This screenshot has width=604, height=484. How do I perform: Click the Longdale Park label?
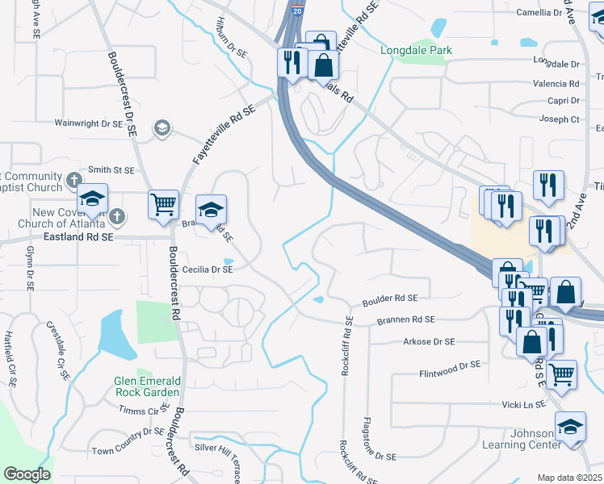pos(416,50)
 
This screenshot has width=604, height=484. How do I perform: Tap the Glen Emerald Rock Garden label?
pos(147,386)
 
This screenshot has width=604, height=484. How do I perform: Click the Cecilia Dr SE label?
pos(208,269)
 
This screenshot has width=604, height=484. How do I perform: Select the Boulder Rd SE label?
pos(389,298)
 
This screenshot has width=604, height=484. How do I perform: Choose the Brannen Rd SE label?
pos(406,320)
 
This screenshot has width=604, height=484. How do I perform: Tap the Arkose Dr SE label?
pos(430,342)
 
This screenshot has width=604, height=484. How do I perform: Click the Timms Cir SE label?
pos(140,411)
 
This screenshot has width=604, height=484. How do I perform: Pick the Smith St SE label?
pos(111,170)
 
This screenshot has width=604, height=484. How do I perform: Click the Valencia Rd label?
pos(556,83)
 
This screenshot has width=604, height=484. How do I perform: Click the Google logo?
pos(27,474)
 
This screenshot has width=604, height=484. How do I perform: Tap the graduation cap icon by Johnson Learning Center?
pos(571,426)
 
